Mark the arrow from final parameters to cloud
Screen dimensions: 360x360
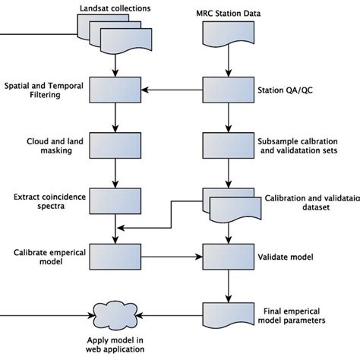coord(170,313)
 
